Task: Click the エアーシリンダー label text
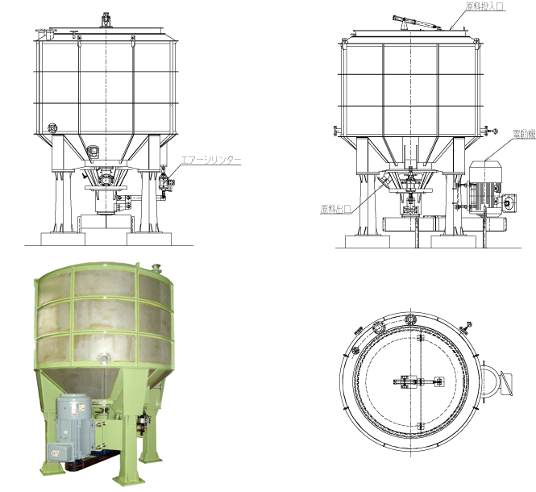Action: [210, 160]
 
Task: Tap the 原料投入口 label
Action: [484, 6]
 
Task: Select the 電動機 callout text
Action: [525, 134]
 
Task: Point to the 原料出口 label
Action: [335, 209]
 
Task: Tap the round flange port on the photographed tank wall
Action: [104, 358]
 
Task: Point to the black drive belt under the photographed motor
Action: [93, 461]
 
